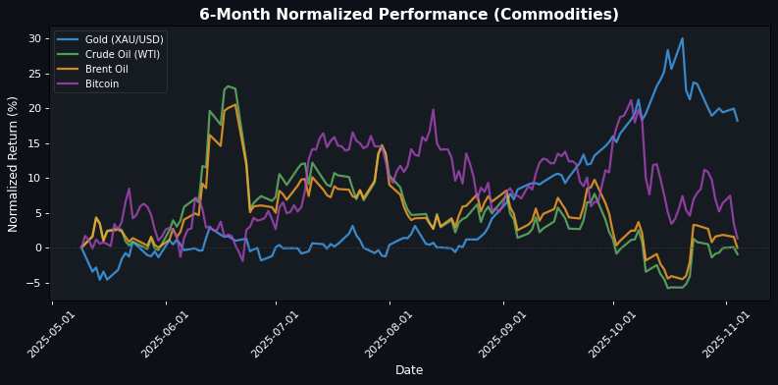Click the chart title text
(408, 15)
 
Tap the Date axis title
(408, 370)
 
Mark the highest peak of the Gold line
(682, 38)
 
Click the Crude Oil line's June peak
(228, 86)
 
